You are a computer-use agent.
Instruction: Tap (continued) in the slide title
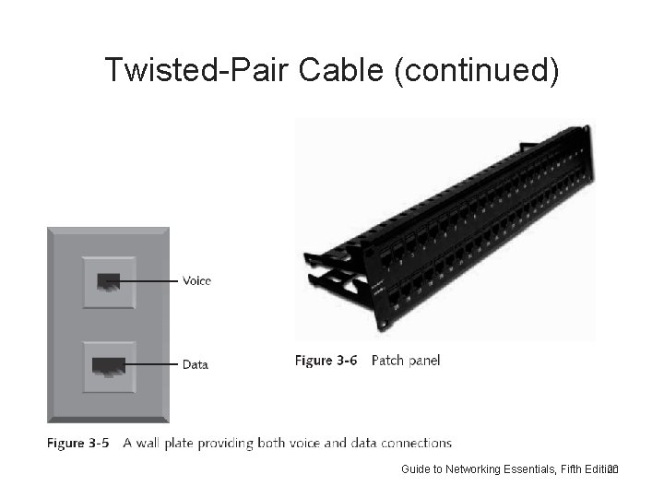click(x=476, y=69)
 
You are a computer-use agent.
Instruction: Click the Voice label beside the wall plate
click(x=196, y=280)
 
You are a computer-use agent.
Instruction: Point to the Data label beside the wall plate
click(x=195, y=364)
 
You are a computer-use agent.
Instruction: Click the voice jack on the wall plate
click(x=108, y=280)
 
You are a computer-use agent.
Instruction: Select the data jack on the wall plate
click(x=108, y=366)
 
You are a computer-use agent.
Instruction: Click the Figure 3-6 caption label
click(x=326, y=361)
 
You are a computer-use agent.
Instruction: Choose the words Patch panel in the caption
click(x=406, y=361)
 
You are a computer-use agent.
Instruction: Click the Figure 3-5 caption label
click(x=78, y=444)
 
